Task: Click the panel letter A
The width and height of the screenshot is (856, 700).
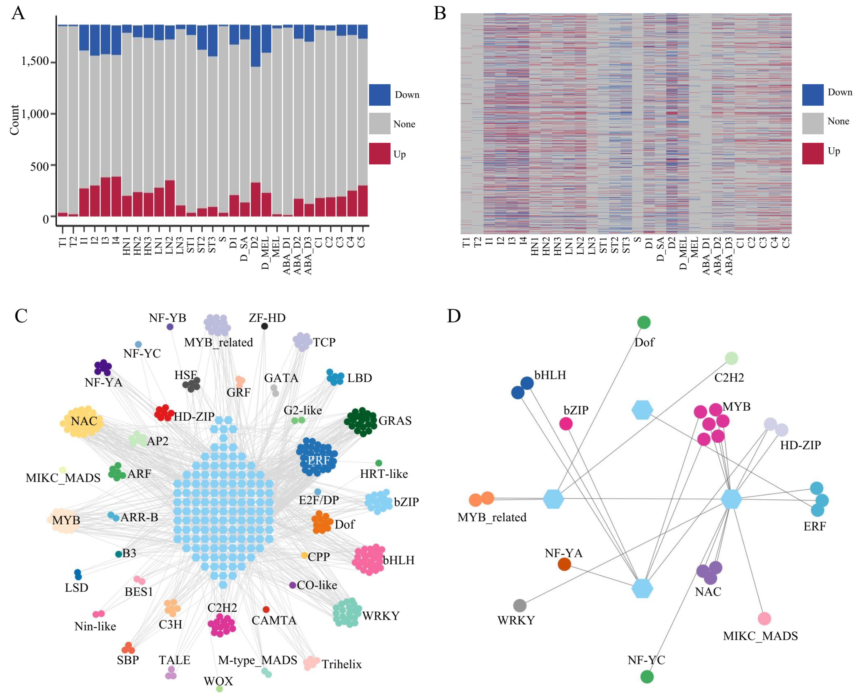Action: [x=18, y=13]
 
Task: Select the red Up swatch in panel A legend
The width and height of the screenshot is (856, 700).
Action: [x=379, y=154]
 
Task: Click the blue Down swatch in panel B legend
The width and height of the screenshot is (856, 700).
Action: [x=812, y=95]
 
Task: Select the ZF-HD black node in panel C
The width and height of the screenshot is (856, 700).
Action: [x=264, y=326]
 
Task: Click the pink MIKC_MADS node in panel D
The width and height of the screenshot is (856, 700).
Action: [x=764, y=618]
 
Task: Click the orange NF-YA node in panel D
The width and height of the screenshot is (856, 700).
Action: [x=564, y=564]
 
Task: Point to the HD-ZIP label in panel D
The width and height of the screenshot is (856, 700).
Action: [x=800, y=445]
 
